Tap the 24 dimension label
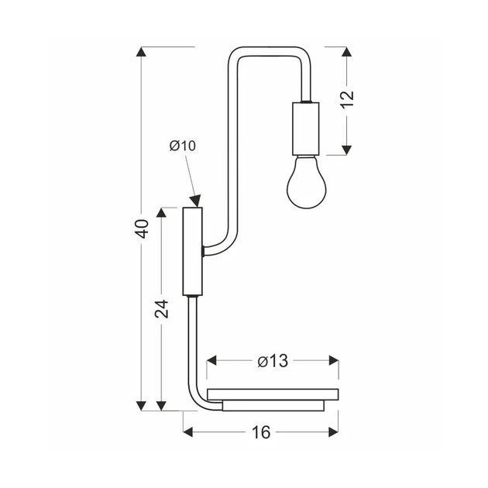click(x=162, y=309)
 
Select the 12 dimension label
click(x=347, y=100)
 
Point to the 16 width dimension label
click(x=261, y=432)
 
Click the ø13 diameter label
click(x=273, y=361)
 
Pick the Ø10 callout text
click(x=183, y=146)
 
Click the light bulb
click(x=306, y=182)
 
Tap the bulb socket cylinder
click(x=306, y=129)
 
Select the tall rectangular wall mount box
click(x=193, y=251)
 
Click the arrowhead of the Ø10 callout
click(x=196, y=201)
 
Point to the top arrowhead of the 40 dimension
click(x=141, y=52)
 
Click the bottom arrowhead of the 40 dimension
click(x=141, y=406)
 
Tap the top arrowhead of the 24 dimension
click(x=161, y=212)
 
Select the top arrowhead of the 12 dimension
click(x=346, y=52)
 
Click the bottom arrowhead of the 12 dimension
click(x=346, y=150)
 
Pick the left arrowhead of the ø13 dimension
click(x=211, y=361)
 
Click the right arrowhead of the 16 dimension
click(x=334, y=432)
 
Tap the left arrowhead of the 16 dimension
click(x=188, y=432)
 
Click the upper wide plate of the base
click(x=273, y=394)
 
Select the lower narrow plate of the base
click(x=273, y=406)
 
